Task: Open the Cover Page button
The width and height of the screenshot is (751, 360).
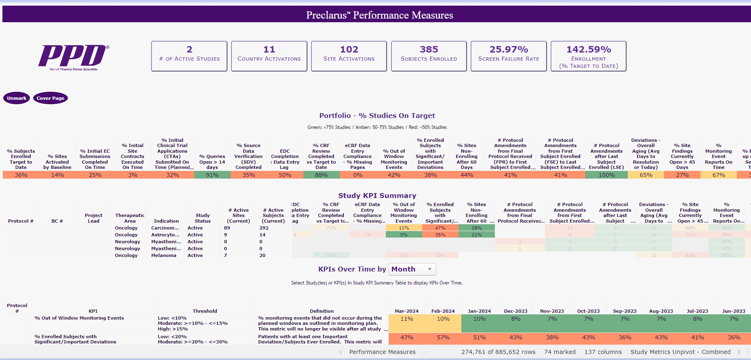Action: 50,98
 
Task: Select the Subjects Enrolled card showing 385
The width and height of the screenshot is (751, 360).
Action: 429,56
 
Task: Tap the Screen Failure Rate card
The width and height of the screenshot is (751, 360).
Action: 509,56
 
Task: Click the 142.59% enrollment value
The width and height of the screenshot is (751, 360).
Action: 589,49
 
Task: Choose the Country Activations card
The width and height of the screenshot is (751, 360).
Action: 269,56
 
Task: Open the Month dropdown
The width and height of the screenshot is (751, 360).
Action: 412,269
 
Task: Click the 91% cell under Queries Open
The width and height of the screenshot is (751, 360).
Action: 212,175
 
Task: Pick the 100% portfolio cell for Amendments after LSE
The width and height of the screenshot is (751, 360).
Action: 606,175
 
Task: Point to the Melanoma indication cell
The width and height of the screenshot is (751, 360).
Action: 164,255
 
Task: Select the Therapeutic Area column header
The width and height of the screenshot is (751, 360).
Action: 130,218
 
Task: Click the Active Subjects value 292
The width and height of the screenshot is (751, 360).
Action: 264,228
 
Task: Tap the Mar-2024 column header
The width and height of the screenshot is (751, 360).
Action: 406,311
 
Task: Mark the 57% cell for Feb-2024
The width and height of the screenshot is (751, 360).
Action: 443,337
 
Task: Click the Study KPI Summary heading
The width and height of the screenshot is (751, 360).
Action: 377,196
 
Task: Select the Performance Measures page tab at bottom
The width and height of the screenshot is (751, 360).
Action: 382,352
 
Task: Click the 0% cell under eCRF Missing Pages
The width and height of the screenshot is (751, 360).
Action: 358,175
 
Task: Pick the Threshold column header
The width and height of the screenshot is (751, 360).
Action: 205,311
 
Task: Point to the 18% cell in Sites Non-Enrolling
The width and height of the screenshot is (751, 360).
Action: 477,228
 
